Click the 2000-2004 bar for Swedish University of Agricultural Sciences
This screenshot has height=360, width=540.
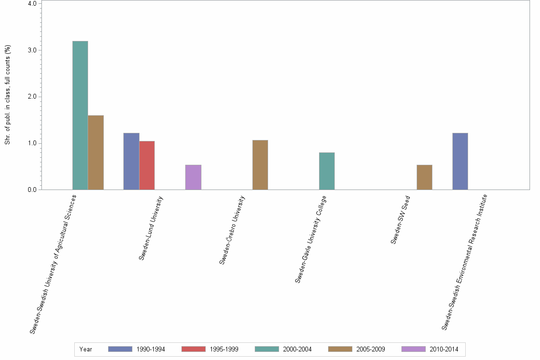pyautogui.click(x=80, y=115)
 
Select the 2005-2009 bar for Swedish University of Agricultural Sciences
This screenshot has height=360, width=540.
pyautogui.click(x=96, y=152)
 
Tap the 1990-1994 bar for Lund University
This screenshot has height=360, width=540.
pyautogui.click(x=131, y=161)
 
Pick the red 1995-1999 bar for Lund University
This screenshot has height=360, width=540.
pyautogui.click(x=147, y=165)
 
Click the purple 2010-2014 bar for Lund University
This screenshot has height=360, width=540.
pyautogui.click(x=193, y=177)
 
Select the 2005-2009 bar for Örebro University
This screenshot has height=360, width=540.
pyautogui.click(x=260, y=165)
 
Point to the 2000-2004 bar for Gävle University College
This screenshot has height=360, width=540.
pyautogui.click(x=327, y=171)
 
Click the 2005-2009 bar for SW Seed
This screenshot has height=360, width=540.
pyautogui.click(x=424, y=177)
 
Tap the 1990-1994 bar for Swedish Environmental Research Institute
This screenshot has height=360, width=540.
pyautogui.click(x=460, y=161)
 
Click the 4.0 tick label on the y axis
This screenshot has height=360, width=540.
pyautogui.click(x=32, y=4)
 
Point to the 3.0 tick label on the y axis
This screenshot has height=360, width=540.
pyautogui.click(x=32, y=50)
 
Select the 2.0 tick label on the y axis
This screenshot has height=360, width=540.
pyautogui.click(x=32, y=97)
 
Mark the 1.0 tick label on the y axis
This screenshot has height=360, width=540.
pyautogui.click(x=32, y=143)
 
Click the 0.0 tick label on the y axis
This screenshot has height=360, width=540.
pyautogui.click(x=32, y=190)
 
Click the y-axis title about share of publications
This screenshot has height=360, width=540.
pyautogui.click(x=8, y=95)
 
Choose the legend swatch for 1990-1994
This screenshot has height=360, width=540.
pyautogui.click(x=120, y=349)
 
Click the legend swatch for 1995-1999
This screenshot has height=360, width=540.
pyautogui.click(x=193, y=349)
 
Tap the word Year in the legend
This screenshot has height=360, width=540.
pyautogui.click(x=86, y=349)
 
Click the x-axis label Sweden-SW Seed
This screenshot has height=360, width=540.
pyautogui.click(x=400, y=220)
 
